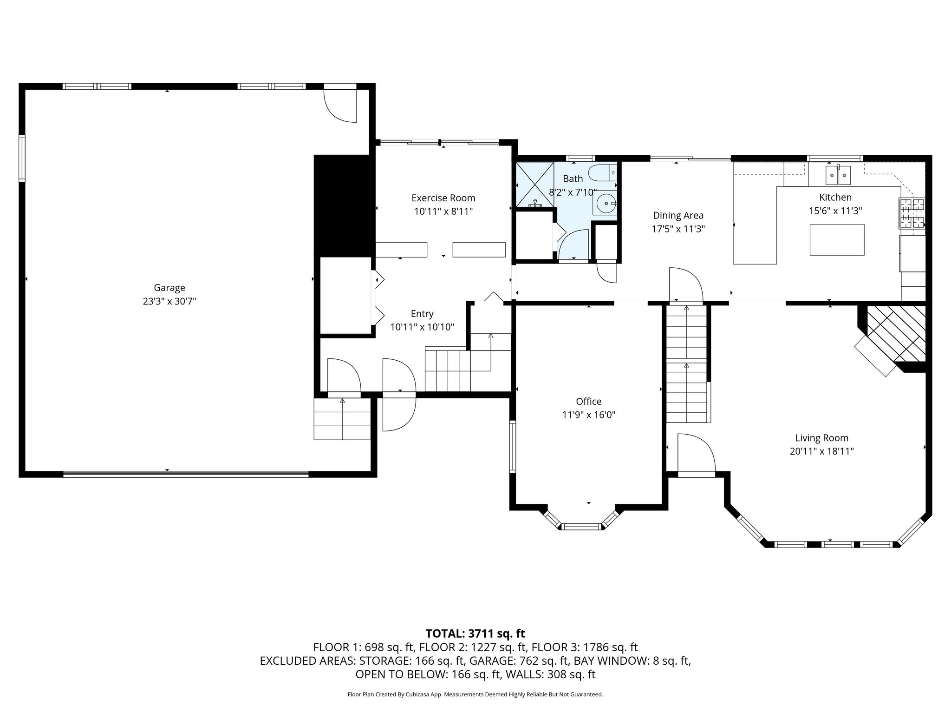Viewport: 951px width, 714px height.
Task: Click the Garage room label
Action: [x=169, y=288]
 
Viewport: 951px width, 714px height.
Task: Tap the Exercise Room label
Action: [x=443, y=198]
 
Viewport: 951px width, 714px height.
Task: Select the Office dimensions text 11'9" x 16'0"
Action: [x=589, y=415]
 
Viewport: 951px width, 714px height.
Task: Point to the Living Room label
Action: [x=822, y=438]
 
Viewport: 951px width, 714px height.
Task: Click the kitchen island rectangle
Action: [x=837, y=240]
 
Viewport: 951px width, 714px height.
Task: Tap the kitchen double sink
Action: [x=838, y=175]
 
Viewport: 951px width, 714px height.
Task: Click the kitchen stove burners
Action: [x=912, y=213]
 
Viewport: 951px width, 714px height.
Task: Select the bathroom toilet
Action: [x=603, y=173]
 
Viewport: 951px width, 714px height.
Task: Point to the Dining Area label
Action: [x=678, y=216]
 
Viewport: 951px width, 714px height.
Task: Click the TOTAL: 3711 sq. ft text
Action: [x=475, y=634]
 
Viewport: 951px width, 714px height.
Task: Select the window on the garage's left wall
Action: [x=22, y=158]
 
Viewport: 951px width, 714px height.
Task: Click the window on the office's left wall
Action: [x=513, y=446]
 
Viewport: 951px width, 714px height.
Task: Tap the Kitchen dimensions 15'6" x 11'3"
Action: [x=835, y=211]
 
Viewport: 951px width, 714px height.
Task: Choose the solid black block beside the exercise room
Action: [x=344, y=205]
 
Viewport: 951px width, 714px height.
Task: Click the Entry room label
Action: [x=422, y=314]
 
